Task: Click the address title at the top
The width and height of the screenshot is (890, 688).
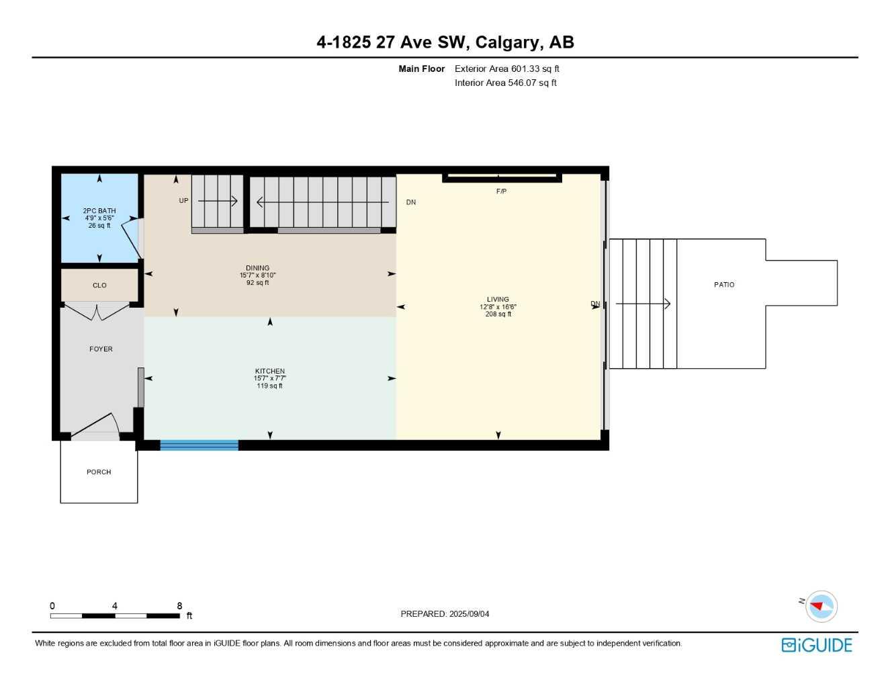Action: point(445,42)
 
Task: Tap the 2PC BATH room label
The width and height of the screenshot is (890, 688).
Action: point(99,211)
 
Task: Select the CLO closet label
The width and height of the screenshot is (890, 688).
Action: point(99,286)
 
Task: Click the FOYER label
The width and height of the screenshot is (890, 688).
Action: point(101,349)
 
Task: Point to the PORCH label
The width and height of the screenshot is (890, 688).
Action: point(99,472)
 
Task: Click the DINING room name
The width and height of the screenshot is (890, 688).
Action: point(257,268)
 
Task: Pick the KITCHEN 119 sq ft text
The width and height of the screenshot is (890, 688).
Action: point(269,386)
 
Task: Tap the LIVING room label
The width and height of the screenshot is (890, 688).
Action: point(498,300)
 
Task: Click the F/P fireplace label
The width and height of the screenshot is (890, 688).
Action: point(501,191)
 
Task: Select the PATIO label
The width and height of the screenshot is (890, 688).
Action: point(724,285)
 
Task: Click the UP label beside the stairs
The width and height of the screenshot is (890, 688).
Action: point(183,201)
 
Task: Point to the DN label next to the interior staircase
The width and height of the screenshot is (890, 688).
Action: point(410,202)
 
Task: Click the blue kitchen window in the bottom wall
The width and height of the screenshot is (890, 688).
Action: point(199,445)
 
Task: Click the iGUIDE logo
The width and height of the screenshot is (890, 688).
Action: point(817,645)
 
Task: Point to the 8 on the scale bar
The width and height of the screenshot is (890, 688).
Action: point(179,606)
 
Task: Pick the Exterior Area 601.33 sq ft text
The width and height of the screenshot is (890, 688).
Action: point(506,69)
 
